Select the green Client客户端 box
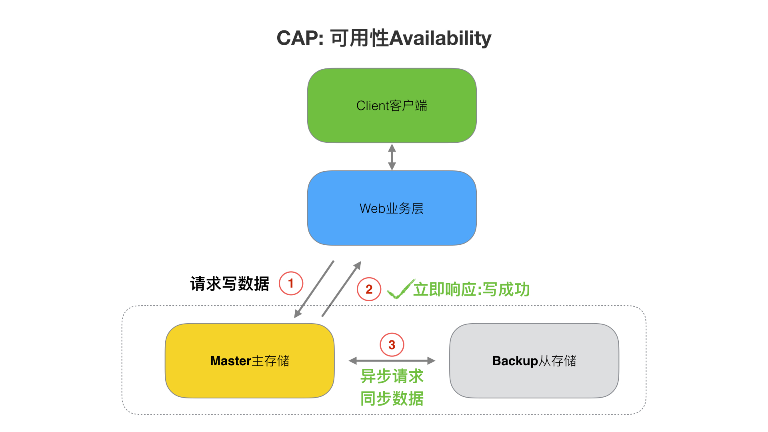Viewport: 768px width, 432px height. (x=392, y=106)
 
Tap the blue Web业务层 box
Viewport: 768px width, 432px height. (x=392, y=208)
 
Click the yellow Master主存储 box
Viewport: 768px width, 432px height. (x=250, y=361)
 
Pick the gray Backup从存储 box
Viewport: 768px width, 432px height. (x=534, y=361)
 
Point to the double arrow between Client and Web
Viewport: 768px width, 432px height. (x=392, y=157)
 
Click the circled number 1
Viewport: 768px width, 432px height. (x=291, y=283)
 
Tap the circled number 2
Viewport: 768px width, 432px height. (x=369, y=289)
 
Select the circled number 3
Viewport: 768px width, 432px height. (x=392, y=345)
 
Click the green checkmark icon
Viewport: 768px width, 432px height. (x=401, y=289)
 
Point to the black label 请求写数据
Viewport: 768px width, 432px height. (x=230, y=284)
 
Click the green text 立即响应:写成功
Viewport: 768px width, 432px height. (x=472, y=289)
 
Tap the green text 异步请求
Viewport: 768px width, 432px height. (x=392, y=376)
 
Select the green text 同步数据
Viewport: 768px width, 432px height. (x=392, y=398)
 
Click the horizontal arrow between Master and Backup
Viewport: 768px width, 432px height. (x=392, y=361)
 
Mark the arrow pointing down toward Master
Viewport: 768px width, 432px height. (x=314, y=290)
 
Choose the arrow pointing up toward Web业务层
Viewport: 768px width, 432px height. (x=342, y=289)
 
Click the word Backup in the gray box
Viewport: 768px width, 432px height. (x=515, y=361)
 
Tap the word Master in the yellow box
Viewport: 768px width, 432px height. (x=231, y=361)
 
